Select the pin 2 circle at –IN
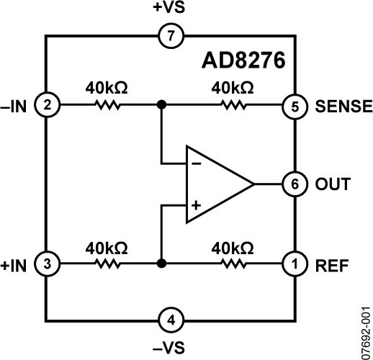[47, 106]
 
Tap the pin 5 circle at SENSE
[293, 106]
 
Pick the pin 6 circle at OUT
[293, 184]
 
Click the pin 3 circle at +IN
[47, 264]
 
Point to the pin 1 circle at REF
[293, 264]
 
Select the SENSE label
[343, 107]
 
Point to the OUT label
[333, 184]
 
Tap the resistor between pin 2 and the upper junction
[107, 106]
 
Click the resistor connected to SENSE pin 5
[233, 106]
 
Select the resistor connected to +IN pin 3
[107, 264]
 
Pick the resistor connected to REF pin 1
[233, 264]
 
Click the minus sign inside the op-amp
[195, 162]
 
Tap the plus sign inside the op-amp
[195, 205]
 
